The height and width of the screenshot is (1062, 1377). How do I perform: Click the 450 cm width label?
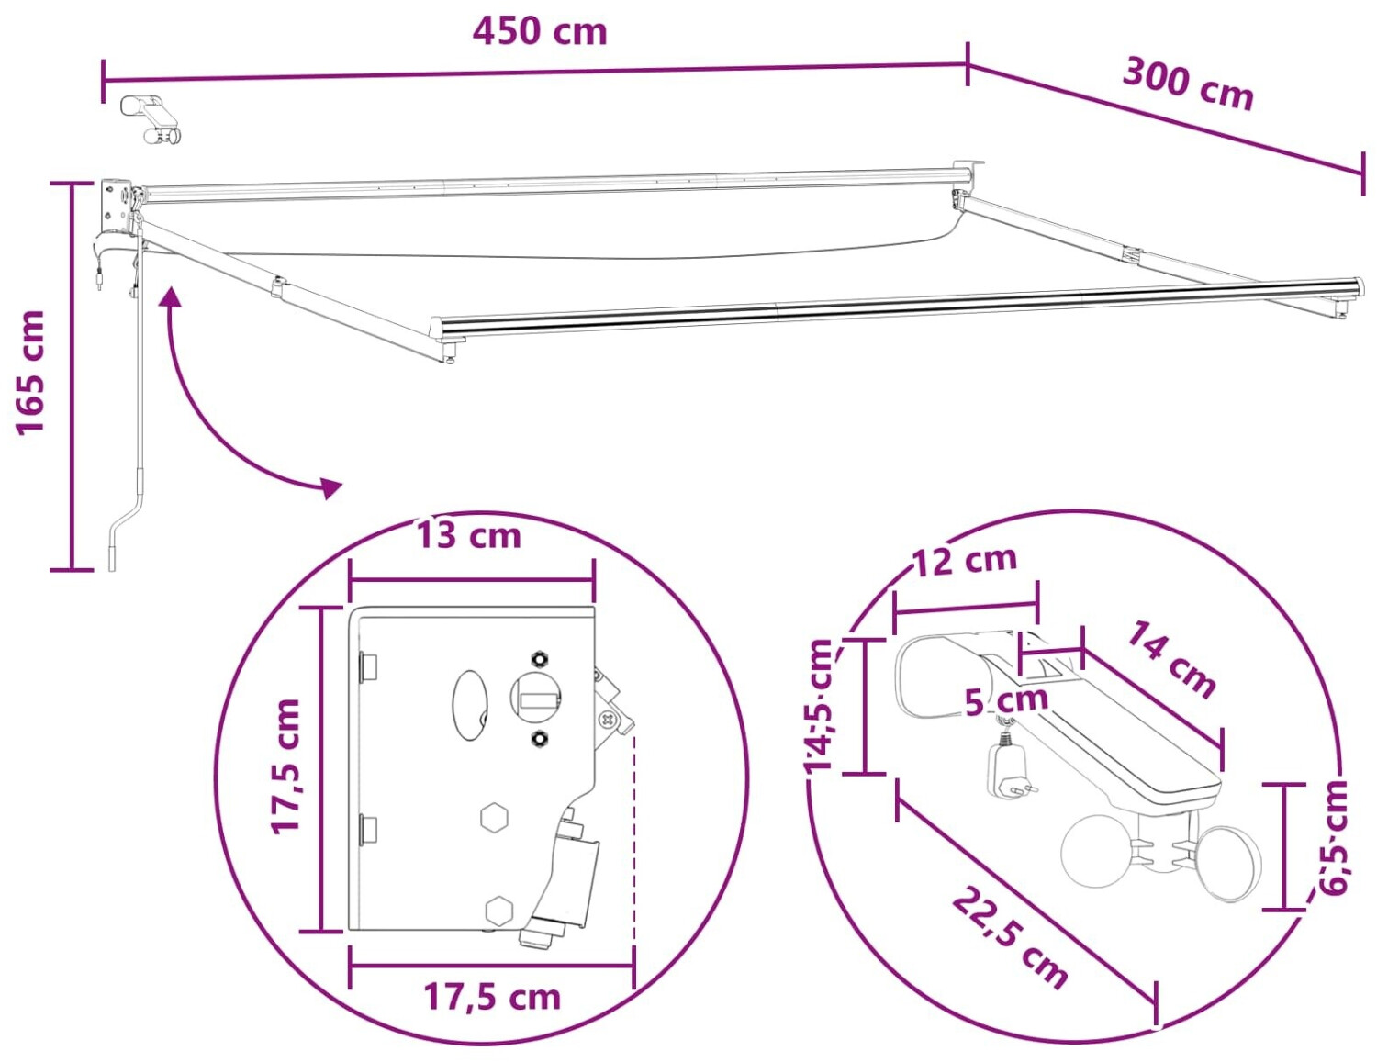540,31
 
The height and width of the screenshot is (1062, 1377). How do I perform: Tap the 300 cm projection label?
1188,85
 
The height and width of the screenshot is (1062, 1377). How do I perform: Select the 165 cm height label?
30,373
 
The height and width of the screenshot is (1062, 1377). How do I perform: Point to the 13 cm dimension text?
468,535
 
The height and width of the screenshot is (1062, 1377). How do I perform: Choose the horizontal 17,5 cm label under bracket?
492,997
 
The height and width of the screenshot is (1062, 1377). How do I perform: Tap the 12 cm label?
964,560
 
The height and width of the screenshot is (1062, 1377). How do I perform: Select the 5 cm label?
1006,699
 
